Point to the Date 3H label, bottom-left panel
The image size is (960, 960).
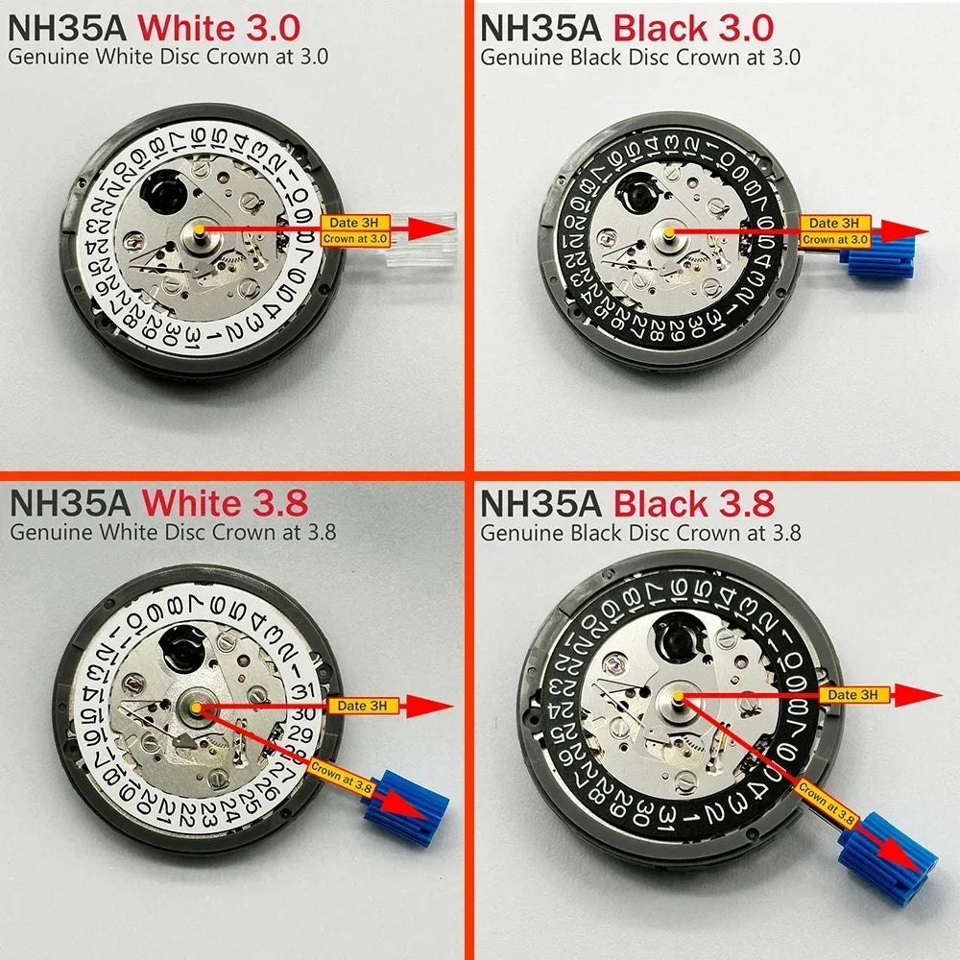click(352, 706)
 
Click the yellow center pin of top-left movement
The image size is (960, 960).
click(198, 228)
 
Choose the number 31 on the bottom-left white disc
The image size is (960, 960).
click(302, 691)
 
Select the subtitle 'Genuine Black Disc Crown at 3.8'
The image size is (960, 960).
click(640, 532)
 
